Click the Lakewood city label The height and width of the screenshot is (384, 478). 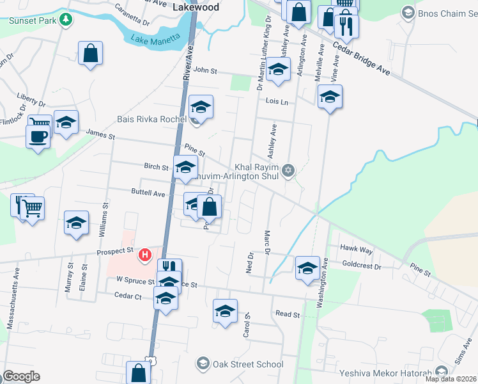196,7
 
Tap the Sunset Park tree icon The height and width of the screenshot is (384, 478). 65,20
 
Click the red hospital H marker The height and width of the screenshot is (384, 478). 145,255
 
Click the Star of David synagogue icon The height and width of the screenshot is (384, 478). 288,170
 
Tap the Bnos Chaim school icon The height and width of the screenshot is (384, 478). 407,12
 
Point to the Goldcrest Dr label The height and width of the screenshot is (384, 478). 361,266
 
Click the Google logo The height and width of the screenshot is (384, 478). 21,376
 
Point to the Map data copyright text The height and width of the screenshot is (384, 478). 450,379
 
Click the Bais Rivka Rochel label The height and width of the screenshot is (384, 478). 151,119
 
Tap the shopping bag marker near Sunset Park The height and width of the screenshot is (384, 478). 90,53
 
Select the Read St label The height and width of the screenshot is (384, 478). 288,314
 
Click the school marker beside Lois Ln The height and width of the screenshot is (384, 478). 330,97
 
